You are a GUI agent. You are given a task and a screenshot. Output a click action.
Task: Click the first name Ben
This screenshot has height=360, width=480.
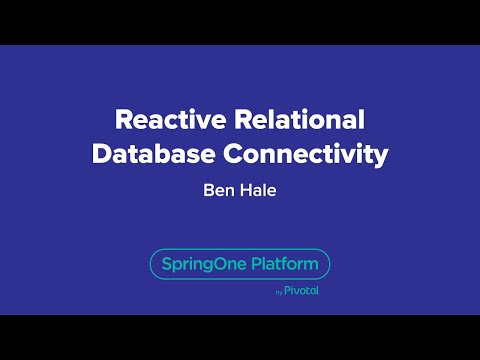216,190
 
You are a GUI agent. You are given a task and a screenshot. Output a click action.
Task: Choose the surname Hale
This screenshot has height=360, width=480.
258,190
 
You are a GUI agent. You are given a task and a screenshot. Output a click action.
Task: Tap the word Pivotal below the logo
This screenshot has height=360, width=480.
301,292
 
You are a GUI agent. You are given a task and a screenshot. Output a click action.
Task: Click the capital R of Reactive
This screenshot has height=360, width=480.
123,121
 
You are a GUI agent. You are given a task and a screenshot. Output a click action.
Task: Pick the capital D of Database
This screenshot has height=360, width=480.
100,155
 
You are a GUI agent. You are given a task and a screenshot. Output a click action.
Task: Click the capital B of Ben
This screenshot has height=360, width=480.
207,190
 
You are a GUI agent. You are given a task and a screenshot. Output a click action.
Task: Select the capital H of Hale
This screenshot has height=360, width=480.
246,190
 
